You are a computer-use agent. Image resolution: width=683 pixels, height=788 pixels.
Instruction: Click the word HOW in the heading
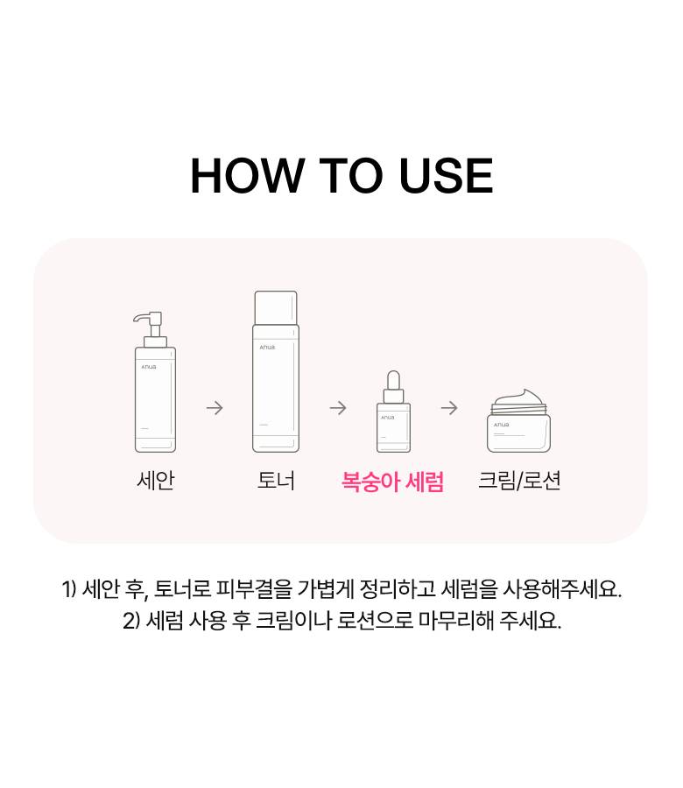pos(246,175)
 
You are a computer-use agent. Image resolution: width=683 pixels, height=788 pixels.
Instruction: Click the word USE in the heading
pos(447,175)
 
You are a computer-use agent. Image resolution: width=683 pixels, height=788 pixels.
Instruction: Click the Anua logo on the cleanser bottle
pos(149,367)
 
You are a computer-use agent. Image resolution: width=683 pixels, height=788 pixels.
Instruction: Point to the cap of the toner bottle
pos(276,307)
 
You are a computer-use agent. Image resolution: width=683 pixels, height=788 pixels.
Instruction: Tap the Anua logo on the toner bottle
pos(267,348)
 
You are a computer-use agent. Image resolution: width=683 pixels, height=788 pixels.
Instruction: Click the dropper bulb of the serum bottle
pos(393,380)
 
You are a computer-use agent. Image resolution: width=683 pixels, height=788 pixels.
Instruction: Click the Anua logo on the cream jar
pos(501,426)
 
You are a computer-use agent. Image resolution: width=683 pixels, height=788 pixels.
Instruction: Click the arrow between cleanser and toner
pos(215,407)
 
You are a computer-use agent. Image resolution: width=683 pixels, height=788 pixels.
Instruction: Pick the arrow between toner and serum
pos(338,407)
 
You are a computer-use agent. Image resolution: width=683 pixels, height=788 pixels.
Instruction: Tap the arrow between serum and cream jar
pos(449,407)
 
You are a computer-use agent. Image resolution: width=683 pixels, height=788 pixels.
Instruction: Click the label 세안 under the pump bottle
pos(156,481)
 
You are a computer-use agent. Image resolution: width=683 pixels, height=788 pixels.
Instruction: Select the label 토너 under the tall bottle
pos(276,481)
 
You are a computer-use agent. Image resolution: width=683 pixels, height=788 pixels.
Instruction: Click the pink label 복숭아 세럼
pos(392,482)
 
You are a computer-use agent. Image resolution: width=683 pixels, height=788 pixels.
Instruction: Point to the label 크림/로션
pos(519,481)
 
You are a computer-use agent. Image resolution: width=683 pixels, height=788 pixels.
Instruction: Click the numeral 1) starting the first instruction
pos(69,589)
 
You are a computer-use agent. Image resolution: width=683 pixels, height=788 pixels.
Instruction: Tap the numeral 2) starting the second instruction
pos(131,621)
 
